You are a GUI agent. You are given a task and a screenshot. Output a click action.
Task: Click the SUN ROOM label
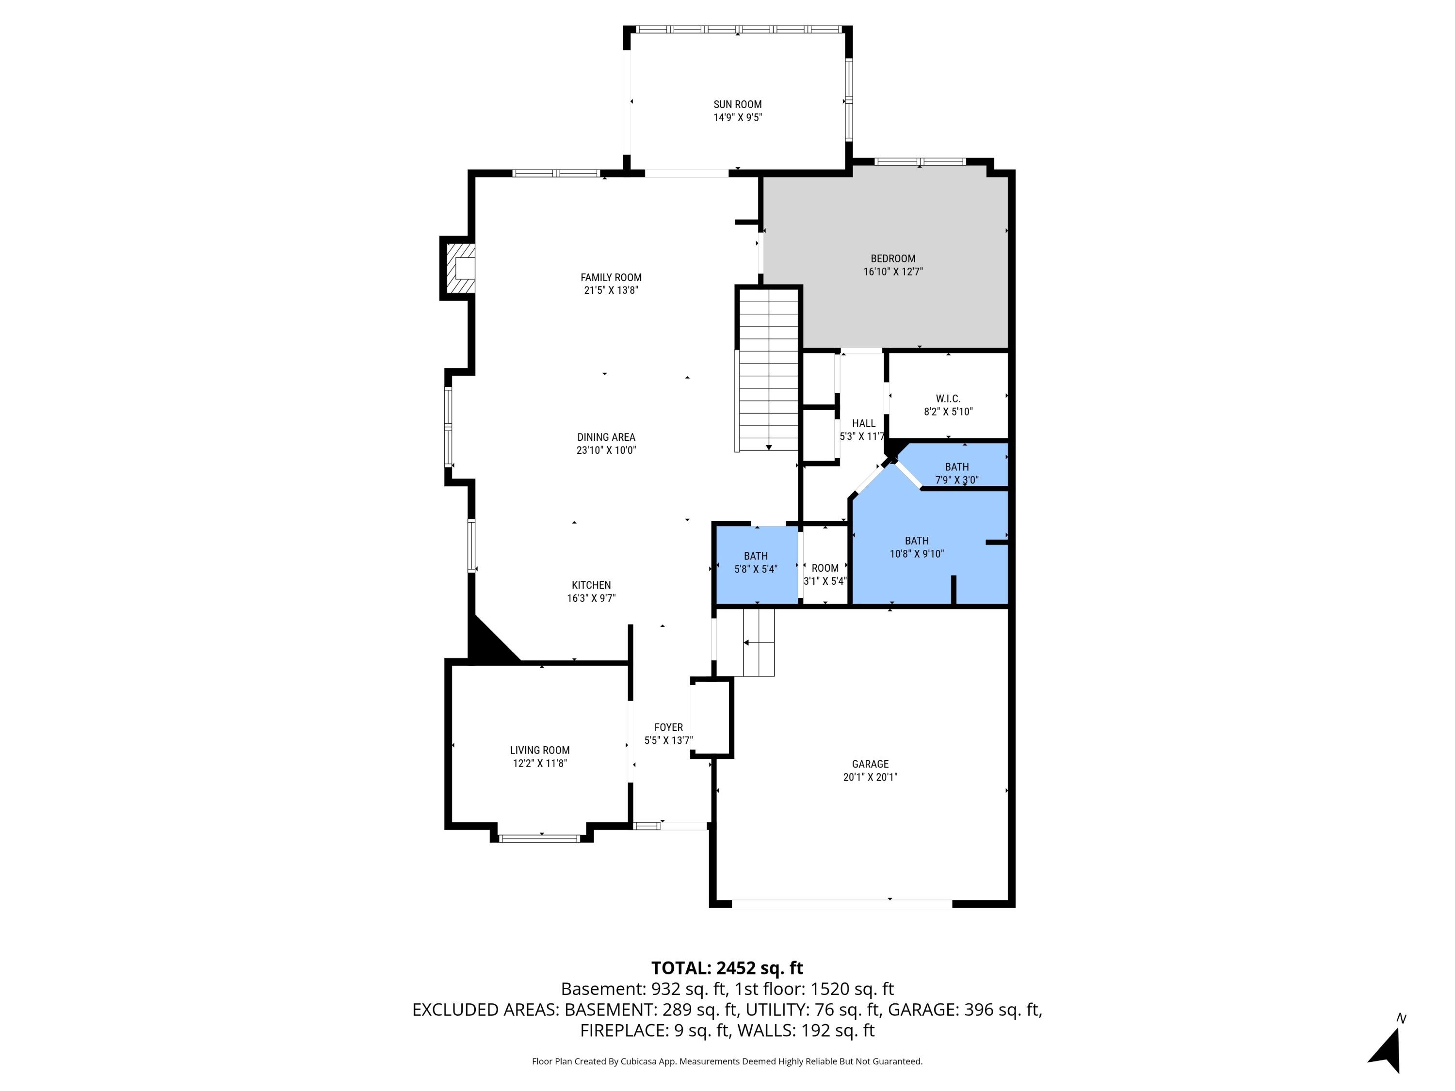tap(737, 104)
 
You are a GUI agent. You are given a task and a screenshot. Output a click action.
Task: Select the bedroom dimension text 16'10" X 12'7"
tap(892, 272)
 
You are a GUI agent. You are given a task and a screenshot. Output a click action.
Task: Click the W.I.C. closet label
tap(948, 399)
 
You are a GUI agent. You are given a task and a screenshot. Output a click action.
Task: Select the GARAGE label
tap(870, 764)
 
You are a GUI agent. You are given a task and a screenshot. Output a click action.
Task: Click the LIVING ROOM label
tap(539, 750)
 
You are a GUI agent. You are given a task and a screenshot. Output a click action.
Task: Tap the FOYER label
tap(668, 727)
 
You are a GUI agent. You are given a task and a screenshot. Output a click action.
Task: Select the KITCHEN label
tap(591, 585)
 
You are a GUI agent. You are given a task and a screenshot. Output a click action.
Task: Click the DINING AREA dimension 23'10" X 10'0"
tap(606, 450)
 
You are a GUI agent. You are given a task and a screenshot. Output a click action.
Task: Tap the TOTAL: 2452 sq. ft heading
tap(727, 968)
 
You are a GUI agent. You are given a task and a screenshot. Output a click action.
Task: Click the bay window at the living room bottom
tap(539, 838)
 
